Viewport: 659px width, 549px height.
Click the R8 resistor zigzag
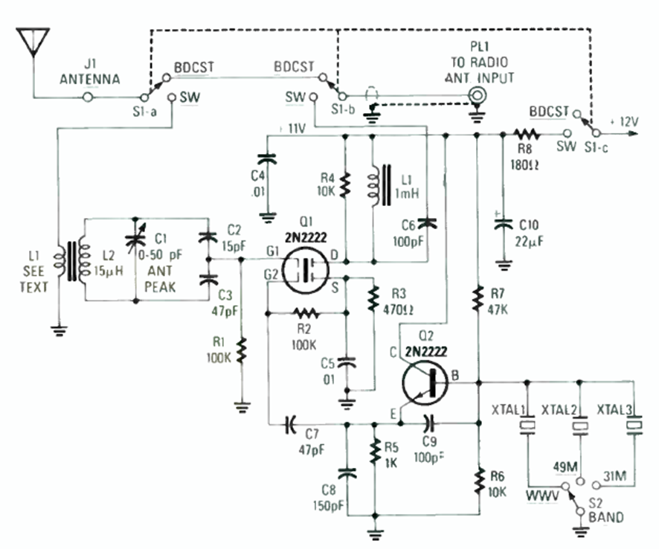point(526,135)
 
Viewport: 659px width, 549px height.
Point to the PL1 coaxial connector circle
point(477,95)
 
